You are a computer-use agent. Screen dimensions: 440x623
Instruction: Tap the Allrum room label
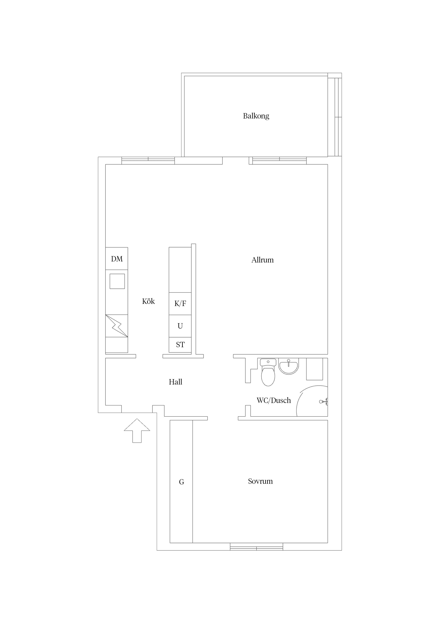(262, 260)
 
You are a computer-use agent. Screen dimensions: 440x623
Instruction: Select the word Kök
(148, 301)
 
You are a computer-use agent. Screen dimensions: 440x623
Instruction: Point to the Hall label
(175, 382)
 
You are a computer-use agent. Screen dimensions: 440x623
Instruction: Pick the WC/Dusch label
(274, 400)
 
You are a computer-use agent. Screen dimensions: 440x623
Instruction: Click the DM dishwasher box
(117, 259)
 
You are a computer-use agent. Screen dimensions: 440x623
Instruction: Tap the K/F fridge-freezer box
(180, 304)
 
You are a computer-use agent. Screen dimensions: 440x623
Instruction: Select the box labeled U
(180, 326)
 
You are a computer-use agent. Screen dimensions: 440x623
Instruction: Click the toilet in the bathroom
(268, 372)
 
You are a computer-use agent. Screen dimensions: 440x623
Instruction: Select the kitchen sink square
(117, 281)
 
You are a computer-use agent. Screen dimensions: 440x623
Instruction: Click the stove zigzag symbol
(117, 326)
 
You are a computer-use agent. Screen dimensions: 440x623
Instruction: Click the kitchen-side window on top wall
(148, 161)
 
